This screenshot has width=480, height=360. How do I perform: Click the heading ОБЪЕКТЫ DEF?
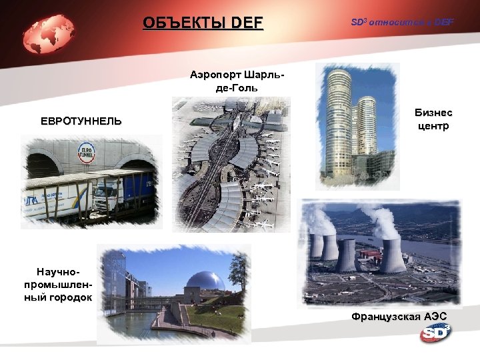203,24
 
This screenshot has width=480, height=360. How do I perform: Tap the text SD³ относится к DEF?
402,23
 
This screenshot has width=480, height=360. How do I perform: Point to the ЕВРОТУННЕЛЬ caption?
81,121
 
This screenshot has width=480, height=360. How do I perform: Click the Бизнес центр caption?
433,120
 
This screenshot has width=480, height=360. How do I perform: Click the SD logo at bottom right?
435,331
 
